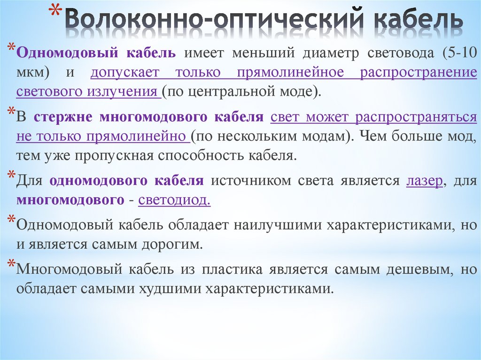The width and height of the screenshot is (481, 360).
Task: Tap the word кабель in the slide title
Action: point(416,20)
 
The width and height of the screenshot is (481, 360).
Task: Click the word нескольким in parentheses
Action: point(269,136)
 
